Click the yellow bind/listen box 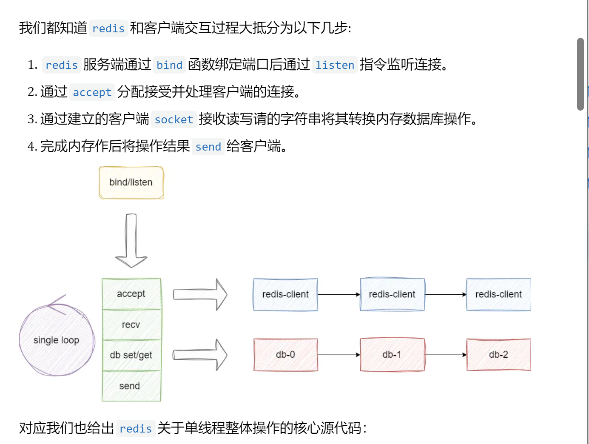coord(131,182)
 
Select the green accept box coord(131,294)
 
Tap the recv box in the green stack coord(131,324)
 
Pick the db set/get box coord(131,355)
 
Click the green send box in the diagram coord(131,386)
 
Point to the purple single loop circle coord(57,340)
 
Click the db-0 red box coord(285,355)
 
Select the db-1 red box coord(392,355)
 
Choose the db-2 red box coord(498,355)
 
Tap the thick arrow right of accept coord(200,294)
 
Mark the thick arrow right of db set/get coord(200,355)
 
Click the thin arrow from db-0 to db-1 coord(339,355)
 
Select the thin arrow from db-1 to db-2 coord(445,355)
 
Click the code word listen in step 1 coord(335,65)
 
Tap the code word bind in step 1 coord(169,65)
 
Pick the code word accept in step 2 coord(92,92)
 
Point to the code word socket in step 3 coord(174,120)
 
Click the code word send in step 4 coord(208,147)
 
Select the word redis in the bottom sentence coord(135,429)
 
